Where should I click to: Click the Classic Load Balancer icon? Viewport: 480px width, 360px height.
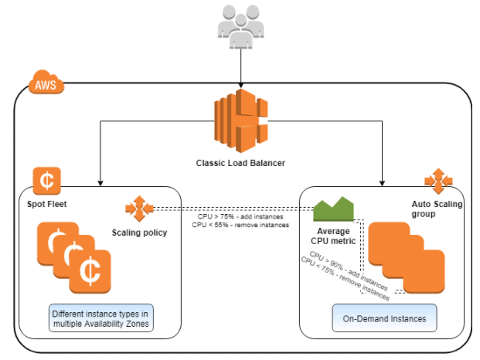[240, 121]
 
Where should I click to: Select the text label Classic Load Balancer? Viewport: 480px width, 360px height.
[240, 163]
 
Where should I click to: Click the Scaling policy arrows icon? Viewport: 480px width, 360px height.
[140, 209]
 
